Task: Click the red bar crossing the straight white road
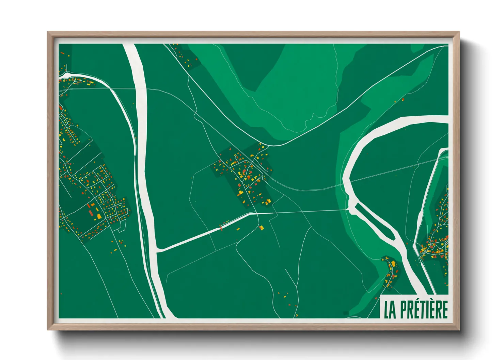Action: pos(221,227)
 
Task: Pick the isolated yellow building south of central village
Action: pos(261,227)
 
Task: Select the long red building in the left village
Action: pos(91,213)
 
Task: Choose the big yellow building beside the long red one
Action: pos(99,216)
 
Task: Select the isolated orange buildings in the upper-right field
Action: pos(402,100)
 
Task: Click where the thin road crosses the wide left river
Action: pos(140,89)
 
